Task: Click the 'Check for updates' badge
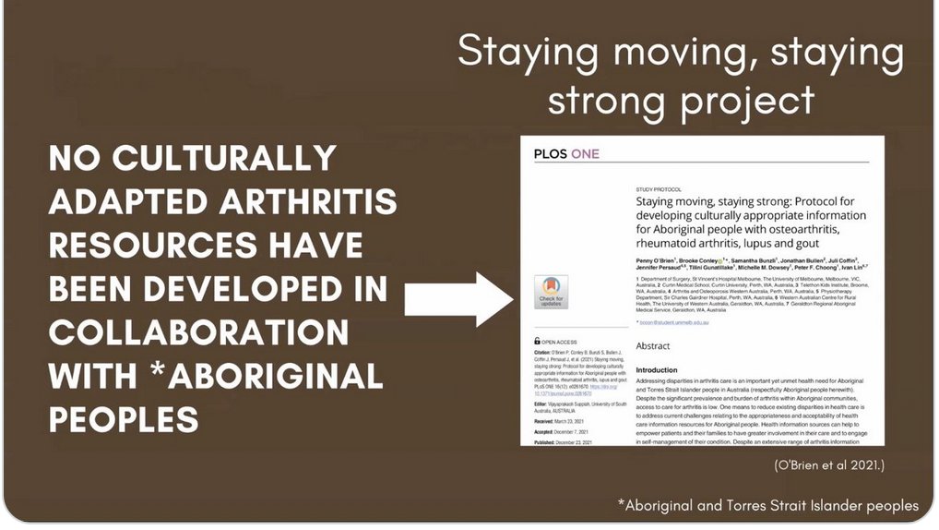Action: click(x=551, y=292)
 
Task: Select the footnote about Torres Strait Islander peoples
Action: click(x=768, y=505)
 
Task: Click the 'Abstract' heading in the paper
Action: click(x=654, y=346)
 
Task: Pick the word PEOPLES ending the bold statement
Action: click(x=124, y=420)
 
